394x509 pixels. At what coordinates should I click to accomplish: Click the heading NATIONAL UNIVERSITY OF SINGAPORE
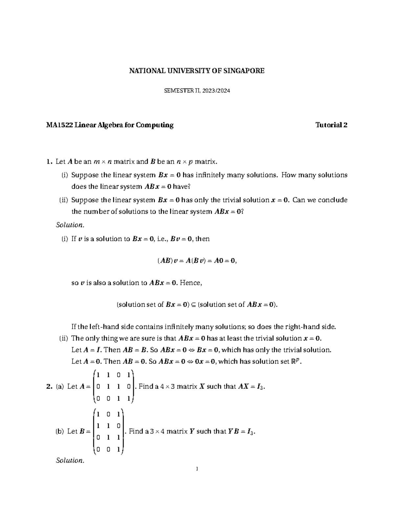click(x=196, y=71)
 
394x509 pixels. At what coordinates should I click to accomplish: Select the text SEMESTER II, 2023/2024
click(x=197, y=91)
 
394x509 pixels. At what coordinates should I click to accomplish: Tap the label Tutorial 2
click(x=331, y=125)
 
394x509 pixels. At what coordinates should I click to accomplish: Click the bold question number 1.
click(x=49, y=161)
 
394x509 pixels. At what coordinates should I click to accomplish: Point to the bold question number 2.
click(x=49, y=386)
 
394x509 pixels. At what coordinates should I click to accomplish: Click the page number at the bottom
click(x=196, y=469)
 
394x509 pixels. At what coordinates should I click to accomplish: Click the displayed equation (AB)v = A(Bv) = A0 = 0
click(x=197, y=261)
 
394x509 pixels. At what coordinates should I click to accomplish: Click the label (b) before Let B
click(x=59, y=431)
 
